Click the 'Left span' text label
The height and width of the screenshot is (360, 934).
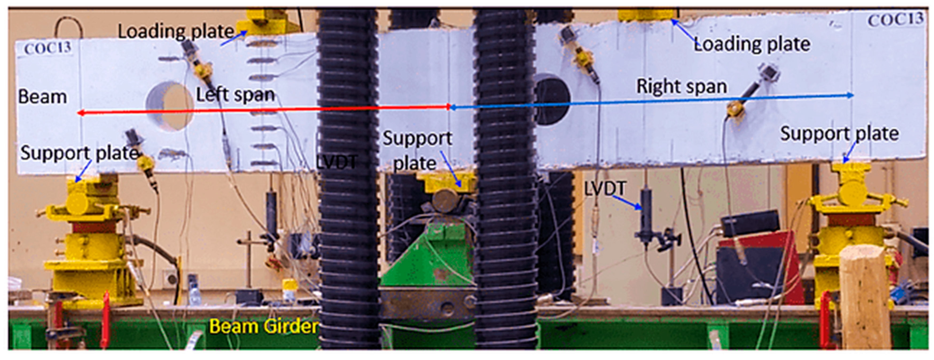235,95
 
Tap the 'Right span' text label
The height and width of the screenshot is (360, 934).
682,87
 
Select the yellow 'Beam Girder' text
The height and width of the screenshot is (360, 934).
264,326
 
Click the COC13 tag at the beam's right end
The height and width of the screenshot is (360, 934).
895,19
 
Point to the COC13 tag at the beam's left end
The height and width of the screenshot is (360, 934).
48,48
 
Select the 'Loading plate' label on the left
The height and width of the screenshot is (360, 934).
176,32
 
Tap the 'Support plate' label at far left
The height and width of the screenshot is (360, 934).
79,153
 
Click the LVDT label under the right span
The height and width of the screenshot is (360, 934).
605,189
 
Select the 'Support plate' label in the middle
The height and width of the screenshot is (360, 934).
417,150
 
